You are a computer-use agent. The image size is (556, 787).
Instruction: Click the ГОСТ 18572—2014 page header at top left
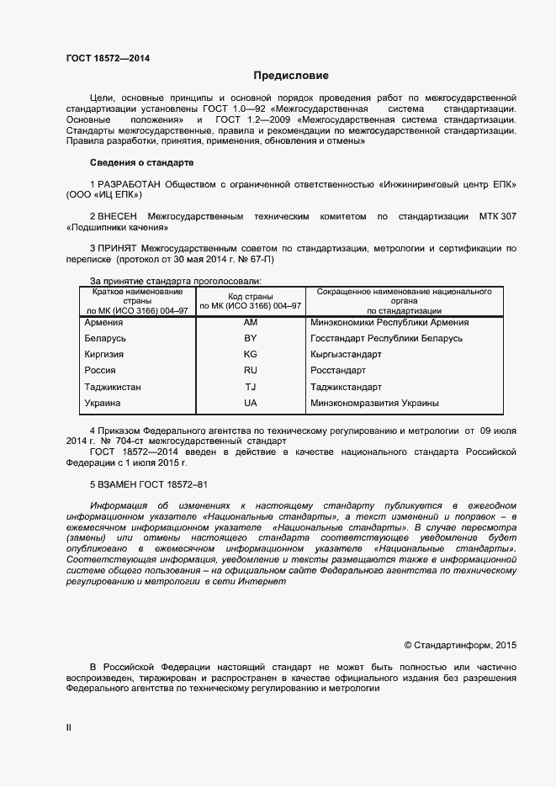[x=108, y=58]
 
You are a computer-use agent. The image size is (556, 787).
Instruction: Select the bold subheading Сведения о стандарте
[x=141, y=162]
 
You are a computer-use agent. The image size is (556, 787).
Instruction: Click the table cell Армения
[x=103, y=322]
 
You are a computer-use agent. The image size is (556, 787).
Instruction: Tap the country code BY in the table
[x=250, y=338]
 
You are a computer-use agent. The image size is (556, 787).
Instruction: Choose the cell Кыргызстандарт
[x=346, y=354]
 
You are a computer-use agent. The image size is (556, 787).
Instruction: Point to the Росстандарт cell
[x=338, y=370]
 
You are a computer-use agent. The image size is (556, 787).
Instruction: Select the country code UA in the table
[x=250, y=403]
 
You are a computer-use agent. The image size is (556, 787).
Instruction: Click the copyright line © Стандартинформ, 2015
[x=460, y=646]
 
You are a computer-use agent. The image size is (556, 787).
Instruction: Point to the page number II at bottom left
[x=69, y=728]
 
